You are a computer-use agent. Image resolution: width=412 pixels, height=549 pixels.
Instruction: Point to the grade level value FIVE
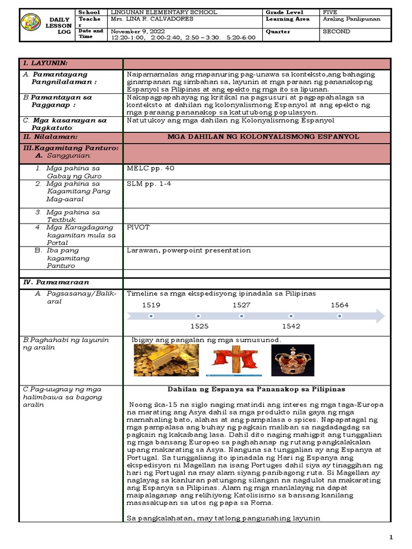(331, 12)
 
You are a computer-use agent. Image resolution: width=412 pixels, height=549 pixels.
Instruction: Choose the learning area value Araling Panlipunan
(351, 19)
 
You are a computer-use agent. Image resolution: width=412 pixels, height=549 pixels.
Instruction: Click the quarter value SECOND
(336, 32)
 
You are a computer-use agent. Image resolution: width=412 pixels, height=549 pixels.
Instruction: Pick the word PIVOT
(138, 227)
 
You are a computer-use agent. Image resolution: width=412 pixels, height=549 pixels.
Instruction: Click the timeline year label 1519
(151, 305)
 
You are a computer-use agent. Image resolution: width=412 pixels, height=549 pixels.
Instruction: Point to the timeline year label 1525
(199, 326)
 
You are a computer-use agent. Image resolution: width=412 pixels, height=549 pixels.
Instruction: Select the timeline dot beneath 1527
(244, 316)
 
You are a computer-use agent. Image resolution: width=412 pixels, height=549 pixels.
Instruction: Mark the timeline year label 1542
(291, 326)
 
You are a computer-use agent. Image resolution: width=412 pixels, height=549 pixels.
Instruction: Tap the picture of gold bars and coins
(166, 360)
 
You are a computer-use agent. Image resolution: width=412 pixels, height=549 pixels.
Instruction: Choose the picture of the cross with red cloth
(234, 360)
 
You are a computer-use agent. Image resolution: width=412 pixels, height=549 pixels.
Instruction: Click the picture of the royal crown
(292, 360)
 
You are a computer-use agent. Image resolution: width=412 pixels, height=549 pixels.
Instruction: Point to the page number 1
(391, 537)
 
